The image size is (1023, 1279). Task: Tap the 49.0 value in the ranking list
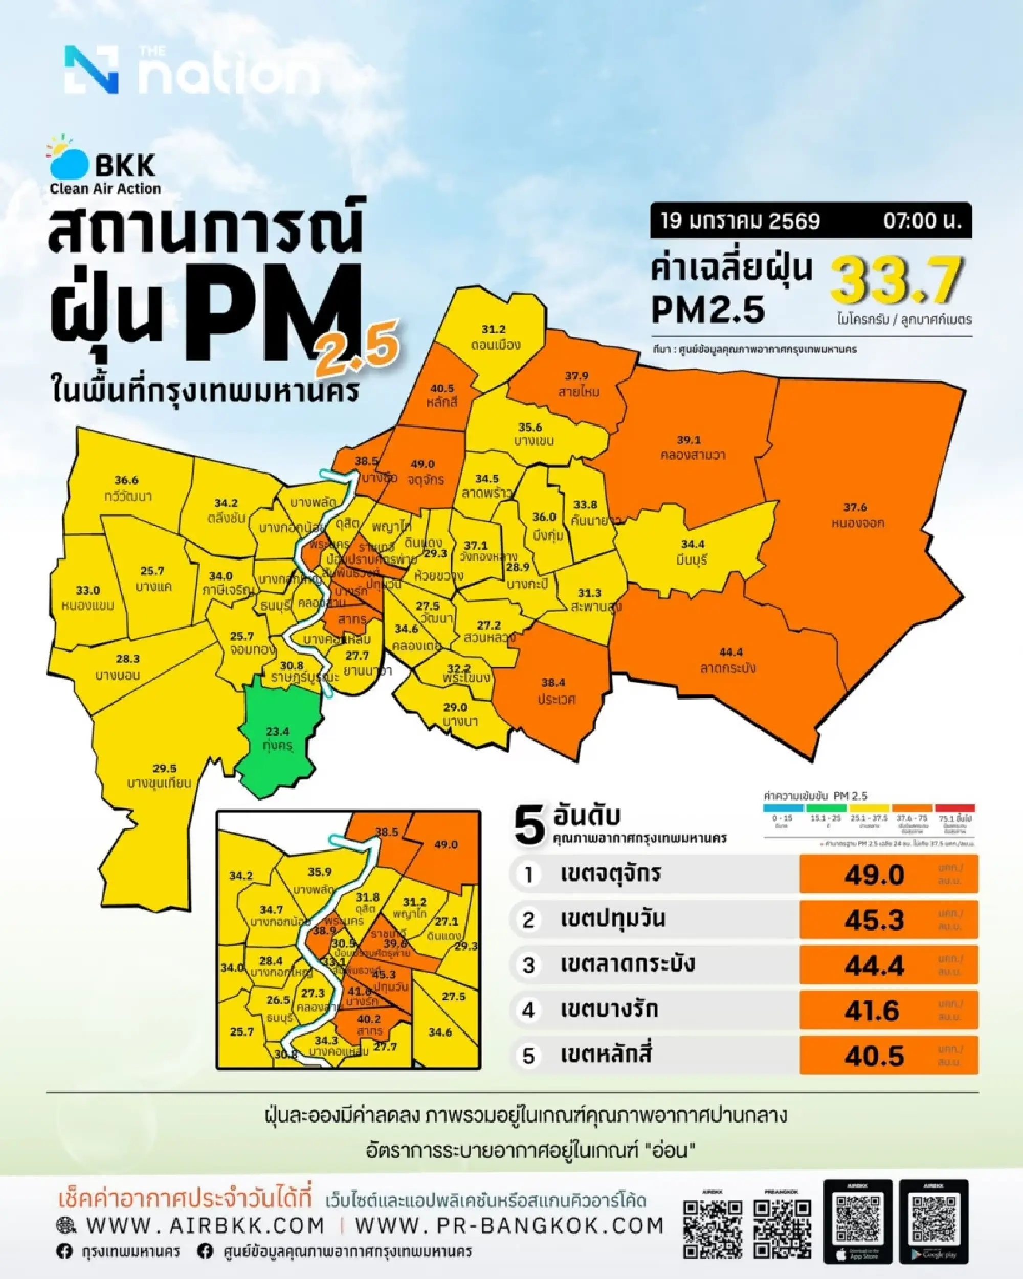[874, 874]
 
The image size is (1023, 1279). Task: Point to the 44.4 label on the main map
[730, 653]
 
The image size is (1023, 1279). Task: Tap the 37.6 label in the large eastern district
[855, 507]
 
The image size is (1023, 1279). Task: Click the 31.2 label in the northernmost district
[493, 329]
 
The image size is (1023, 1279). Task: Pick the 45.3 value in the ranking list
[874, 920]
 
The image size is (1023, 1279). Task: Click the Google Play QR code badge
[934, 1220]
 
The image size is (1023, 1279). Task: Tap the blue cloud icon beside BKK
[68, 162]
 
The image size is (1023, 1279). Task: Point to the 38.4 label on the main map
[553, 683]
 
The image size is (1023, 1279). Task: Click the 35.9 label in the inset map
[319, 872]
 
